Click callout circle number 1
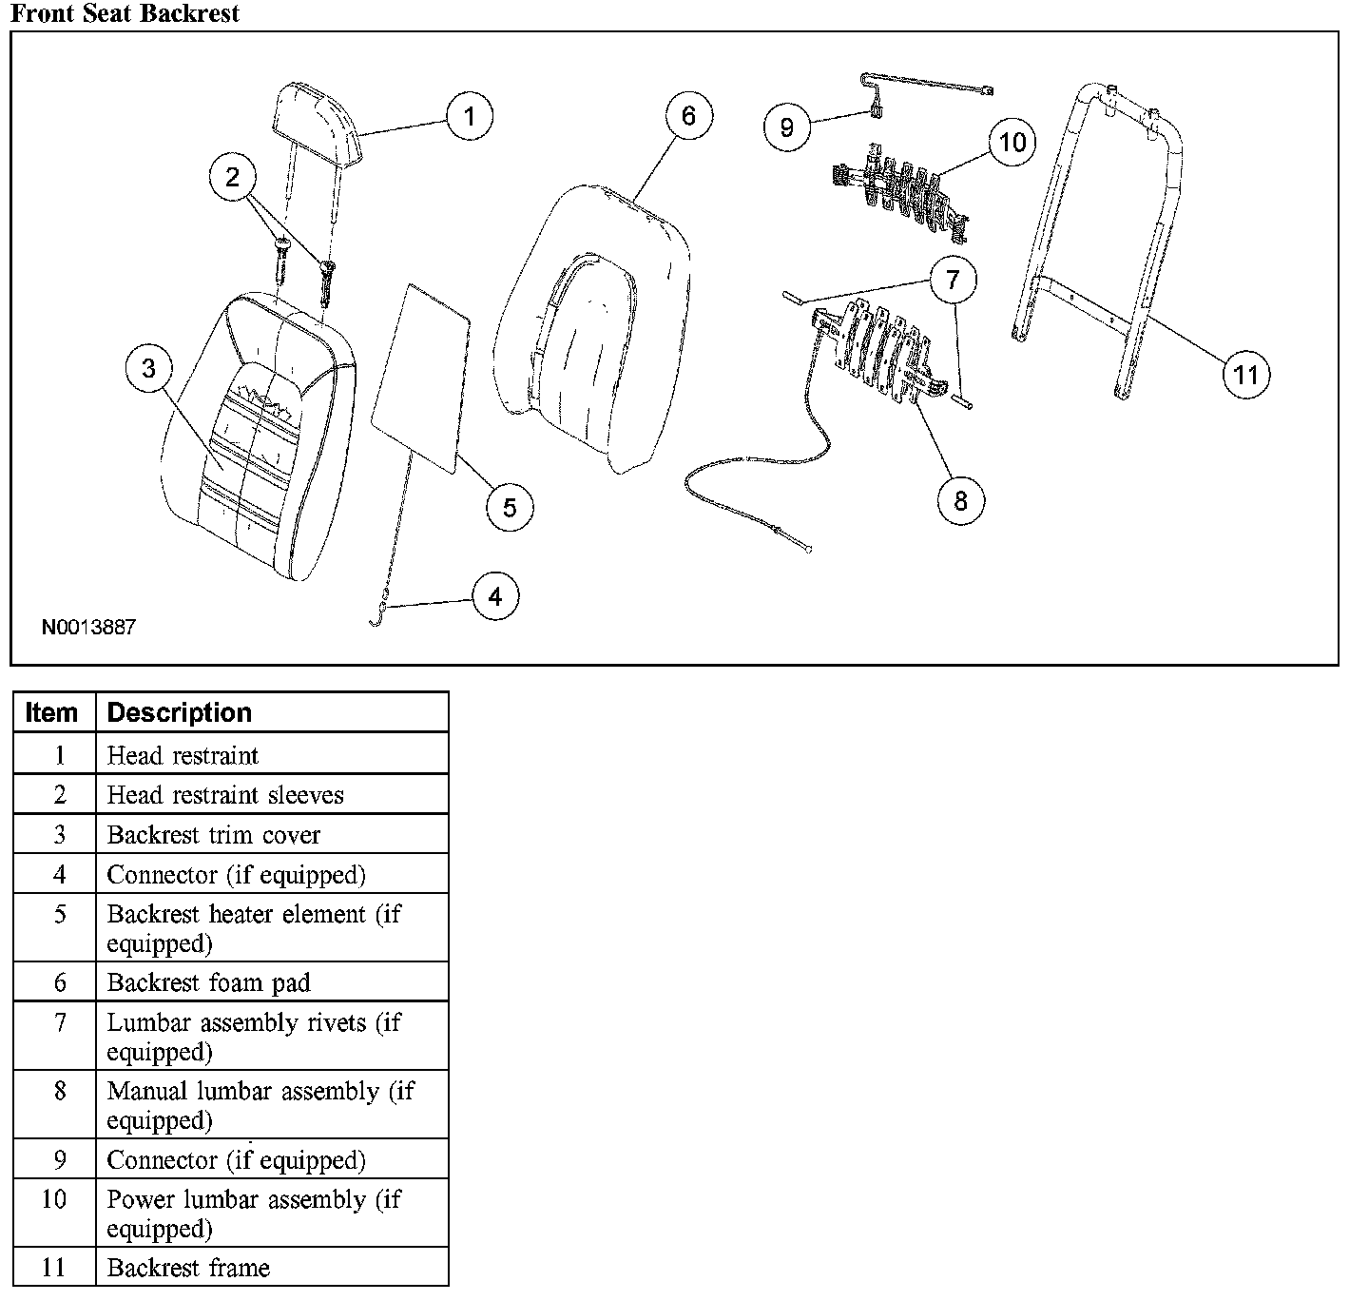point(469,116)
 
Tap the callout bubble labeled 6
point(688,116)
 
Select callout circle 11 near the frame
point(1245,374)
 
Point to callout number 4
point(495,596)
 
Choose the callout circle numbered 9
point(787,126)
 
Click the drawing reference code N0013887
point(88,628)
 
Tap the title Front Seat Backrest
point(125,13)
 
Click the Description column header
point(180,712)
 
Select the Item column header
point(52,712)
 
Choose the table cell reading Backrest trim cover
point(214,835)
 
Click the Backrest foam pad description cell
point(209,982)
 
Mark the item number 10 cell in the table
point(54,1199)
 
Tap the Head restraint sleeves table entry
point(225,795)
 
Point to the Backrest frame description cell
point(188,1268)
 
